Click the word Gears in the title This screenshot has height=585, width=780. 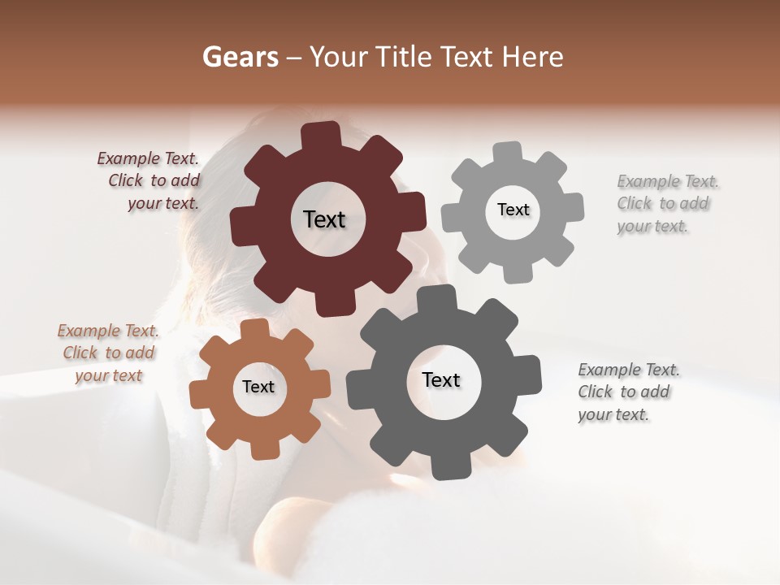(x=240, y=57)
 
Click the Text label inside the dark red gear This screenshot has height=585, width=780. (x=324, y=219)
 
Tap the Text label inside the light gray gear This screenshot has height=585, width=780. (x=513, y=210)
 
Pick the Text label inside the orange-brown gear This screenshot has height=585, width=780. (x=258, y=387)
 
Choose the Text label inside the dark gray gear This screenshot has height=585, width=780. (x=441, y=379)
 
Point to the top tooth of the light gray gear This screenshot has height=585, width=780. (x=508, y=154)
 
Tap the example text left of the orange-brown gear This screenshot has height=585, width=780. (x=108, y=353)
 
